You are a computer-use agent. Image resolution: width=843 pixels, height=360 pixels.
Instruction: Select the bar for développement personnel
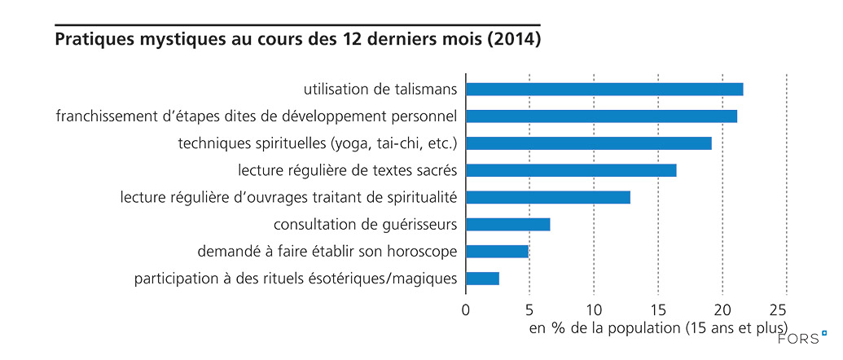(x=601, y=116)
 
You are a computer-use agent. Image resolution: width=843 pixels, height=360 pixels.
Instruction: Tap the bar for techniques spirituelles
(x=588, y=143)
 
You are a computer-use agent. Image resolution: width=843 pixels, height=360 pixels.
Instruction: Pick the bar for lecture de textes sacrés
(x=571, y=170)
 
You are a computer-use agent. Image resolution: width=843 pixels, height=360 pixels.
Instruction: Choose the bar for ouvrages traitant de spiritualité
(x=547, y=197)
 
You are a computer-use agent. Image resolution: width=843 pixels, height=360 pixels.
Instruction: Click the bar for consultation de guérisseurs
(x=507, y=225)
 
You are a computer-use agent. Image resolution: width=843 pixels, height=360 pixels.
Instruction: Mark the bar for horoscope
(x=497, y=252)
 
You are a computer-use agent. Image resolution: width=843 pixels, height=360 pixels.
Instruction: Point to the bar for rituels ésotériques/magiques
(x=482, y=279)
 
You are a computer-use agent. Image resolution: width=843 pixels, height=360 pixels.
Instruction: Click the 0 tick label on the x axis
(x=466, y=310)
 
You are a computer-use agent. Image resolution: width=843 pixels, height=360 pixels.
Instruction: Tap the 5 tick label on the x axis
(x=529, y=310)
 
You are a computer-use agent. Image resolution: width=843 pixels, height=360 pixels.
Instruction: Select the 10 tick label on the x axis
(x=594, y=310)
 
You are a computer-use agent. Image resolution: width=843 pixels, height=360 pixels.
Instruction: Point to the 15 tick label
(x=658, y=310)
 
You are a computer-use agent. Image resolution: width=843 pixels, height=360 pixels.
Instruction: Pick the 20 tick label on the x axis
(x=722, y=310)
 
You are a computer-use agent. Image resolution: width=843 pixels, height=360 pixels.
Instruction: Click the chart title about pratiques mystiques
(x=297, y=39)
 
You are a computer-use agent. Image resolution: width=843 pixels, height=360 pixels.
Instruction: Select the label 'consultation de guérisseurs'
(x=366, y=225)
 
